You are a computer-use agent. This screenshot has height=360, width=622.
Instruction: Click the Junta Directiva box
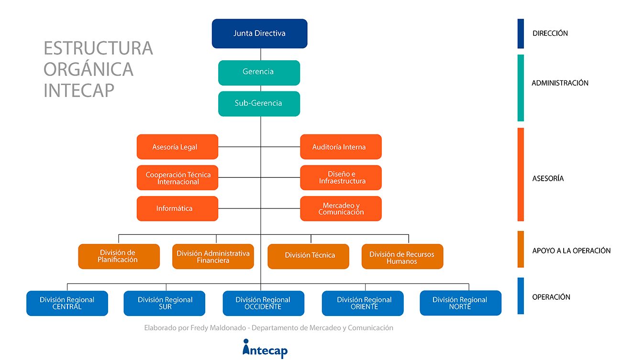point(259,33)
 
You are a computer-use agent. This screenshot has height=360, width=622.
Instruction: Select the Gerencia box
point(259,73)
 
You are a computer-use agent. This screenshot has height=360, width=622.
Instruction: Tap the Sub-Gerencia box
point(259,104)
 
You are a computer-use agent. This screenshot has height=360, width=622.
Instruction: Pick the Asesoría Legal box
point(178,147)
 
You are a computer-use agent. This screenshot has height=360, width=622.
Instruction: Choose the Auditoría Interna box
point(341,147)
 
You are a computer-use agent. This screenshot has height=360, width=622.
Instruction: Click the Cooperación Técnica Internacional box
point(178,178)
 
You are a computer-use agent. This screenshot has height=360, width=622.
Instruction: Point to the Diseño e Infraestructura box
point(341,178)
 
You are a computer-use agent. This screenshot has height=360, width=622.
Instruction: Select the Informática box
point(178,209)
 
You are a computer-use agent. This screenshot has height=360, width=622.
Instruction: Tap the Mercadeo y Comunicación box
point(341,209)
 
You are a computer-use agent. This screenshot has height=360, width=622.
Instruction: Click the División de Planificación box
point(119,256)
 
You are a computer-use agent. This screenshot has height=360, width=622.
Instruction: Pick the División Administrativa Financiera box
point(213,256)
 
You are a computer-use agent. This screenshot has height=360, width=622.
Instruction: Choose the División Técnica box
point(308,256)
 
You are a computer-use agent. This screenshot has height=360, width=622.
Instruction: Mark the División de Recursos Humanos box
point(402,256)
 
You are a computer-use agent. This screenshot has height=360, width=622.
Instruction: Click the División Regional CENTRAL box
point(67,304)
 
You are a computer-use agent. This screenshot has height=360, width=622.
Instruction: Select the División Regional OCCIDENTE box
point(264,304)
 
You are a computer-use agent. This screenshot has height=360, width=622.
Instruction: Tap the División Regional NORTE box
point(461,303)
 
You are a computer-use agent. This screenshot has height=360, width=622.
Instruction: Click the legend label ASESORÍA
point(548,178)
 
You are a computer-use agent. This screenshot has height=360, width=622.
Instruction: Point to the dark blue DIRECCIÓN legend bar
point(521,33)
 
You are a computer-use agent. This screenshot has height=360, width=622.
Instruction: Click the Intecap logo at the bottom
point(265,349)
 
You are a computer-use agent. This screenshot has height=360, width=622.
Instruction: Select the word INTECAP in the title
point(79,90)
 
